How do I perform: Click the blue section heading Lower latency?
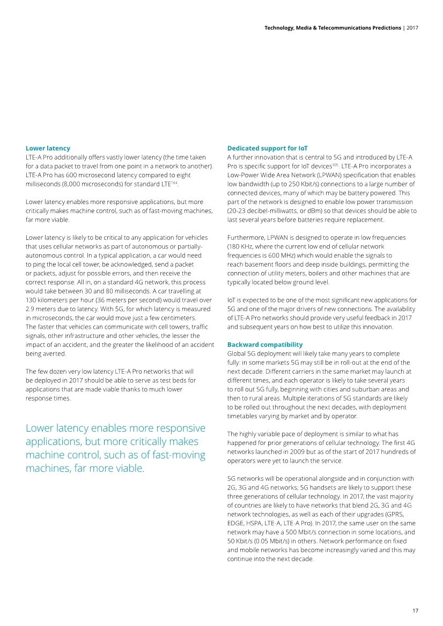pos(48,148)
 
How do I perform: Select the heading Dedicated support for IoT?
pos(267,148)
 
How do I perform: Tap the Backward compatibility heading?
pos(264,344)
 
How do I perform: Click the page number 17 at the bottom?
pos(415,610)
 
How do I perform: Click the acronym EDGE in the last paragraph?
pos(237,521)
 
